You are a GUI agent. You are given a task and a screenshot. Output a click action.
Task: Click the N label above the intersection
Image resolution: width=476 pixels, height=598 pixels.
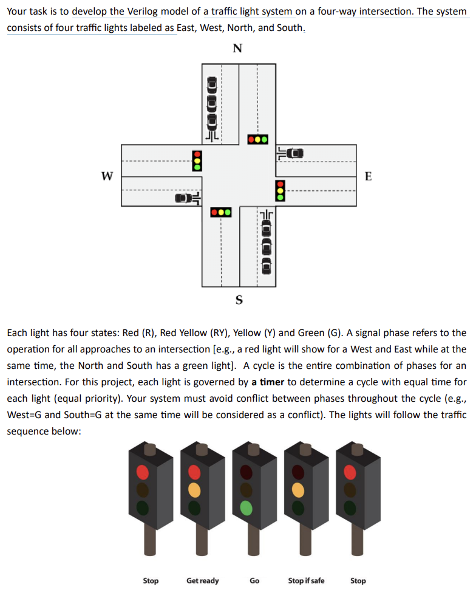coord(237,49)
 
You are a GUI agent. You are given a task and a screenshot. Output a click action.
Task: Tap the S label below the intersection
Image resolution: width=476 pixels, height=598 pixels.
coord(238,299)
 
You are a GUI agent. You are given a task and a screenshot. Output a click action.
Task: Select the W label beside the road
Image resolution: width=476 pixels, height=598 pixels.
coord(107,176)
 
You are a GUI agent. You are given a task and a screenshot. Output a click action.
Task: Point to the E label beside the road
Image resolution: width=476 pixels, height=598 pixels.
coord(369,176)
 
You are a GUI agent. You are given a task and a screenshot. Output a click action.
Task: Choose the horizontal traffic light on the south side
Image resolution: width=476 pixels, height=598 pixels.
coord(220,213)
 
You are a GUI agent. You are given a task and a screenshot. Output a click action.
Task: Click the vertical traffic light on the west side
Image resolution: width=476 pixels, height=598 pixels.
coord(197,161)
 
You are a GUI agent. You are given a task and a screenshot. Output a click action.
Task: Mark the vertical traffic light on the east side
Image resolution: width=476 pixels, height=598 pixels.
coord(280,189)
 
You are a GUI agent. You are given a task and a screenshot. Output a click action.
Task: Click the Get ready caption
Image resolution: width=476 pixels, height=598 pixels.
coord(202,580)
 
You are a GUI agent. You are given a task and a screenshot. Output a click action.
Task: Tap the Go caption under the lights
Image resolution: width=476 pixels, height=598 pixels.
coord(254,580)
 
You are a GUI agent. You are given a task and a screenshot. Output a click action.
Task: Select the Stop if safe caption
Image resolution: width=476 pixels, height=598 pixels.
coord(306,580)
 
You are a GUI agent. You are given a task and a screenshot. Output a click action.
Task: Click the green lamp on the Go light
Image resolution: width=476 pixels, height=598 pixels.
coord(246,506)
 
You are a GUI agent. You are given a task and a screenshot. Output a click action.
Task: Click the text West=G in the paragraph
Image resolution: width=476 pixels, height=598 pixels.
coord(24,414)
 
